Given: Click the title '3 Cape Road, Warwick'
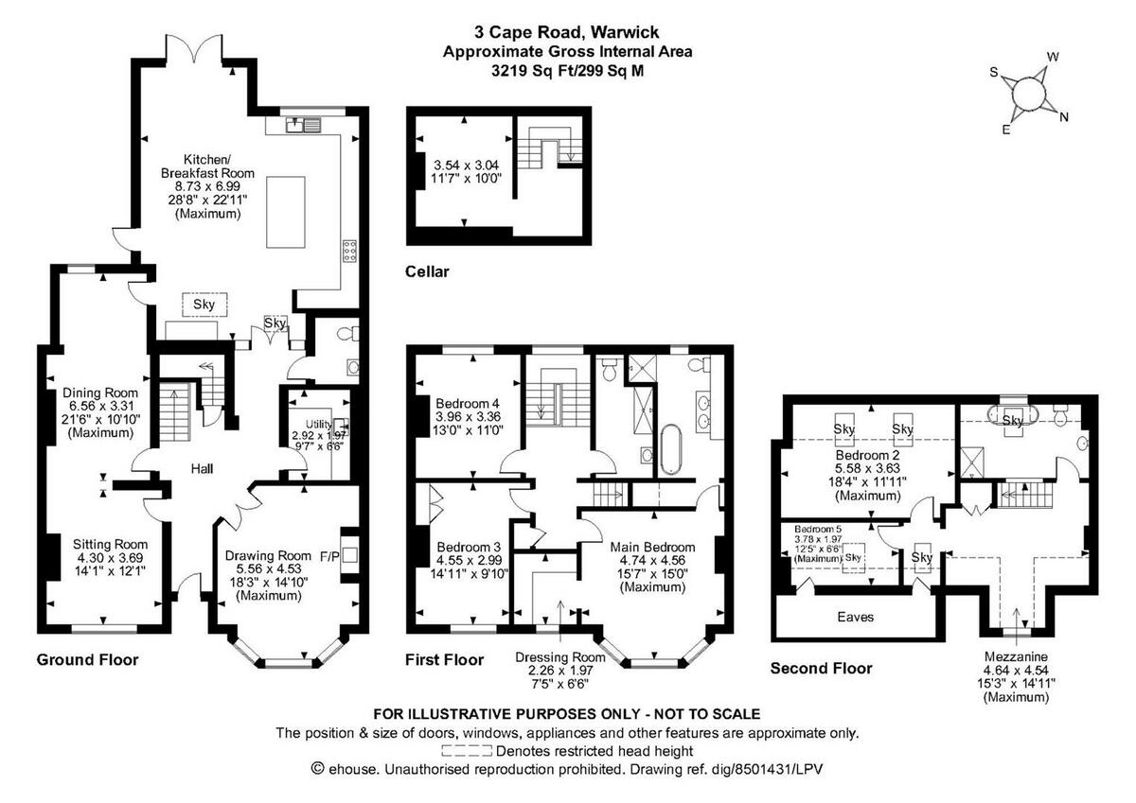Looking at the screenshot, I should tap(567, 31).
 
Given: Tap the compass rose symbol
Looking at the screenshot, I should tap(1028, 95).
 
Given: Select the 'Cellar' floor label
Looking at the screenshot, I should tap(427, 272).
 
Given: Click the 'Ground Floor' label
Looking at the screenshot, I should tap(87, 659).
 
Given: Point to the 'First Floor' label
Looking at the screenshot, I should tap(445, 659).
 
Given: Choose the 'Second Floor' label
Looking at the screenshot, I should tap(821, 668).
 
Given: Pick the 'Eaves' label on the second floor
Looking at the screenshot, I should tap(856, 617).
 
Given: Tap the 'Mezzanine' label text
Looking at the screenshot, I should tap(1017, 655).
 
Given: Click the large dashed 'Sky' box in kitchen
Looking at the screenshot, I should tap(204, 304).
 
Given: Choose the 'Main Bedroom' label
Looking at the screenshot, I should tap(652, 547).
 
